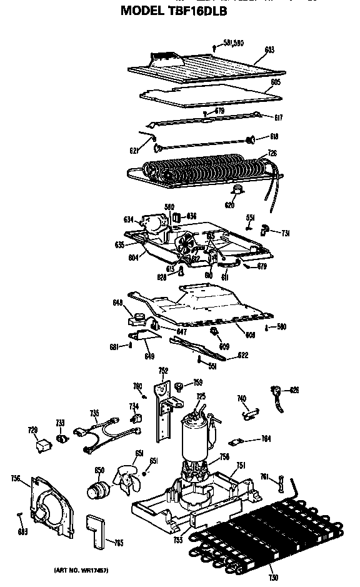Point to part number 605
[x=276, y=83]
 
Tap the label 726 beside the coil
[x=272, y=153]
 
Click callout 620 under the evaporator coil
[x=229, y=204]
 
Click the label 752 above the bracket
[x=164, y=371]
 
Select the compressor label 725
[x=201, y=396]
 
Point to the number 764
[x=266, y=439]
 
